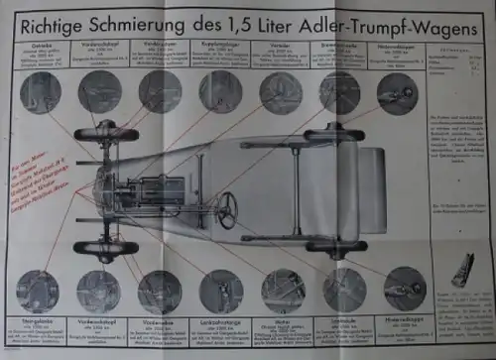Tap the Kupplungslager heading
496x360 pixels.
(221, 46)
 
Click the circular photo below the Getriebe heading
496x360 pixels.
(40, 93)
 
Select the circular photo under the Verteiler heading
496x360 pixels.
(282, 93)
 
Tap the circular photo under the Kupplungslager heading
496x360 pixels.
(220, 92)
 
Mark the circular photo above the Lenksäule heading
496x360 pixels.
(342, 289)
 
